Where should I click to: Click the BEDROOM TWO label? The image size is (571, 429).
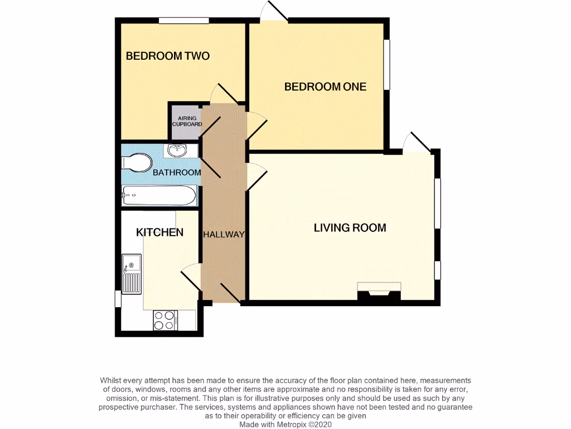(x=167, y=56)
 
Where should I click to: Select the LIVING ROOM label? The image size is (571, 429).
(x=350, y=228)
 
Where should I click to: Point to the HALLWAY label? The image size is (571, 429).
(x=224, y=235)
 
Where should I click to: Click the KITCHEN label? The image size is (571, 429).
(x=159, y=232)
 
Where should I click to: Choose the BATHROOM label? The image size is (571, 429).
(x=177, y=173)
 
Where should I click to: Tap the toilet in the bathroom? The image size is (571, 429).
(x=137, y=163)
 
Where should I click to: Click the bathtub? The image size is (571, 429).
(x=159, y=196)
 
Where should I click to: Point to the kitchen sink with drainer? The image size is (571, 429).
(x=132, y=274)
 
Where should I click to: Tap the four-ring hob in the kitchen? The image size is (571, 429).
(x=165, y=321)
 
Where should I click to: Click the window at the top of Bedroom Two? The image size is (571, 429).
(x=183, y=21)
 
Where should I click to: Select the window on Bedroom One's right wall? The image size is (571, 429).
(x=386, y=64)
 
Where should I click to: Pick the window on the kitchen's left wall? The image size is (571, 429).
(x=118, y=298)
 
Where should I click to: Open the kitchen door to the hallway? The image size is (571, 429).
(x=191, y=277)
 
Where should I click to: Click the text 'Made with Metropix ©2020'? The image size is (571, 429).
(x=285, y=425)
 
